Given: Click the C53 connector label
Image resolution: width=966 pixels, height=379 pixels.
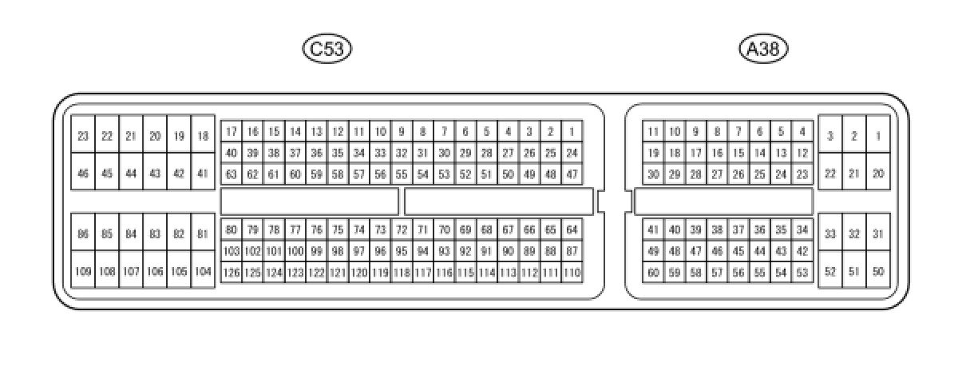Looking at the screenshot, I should pos(327,50).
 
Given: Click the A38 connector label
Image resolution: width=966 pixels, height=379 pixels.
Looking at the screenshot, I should pos(764,50).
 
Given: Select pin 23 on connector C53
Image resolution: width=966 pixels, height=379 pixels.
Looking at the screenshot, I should pos(83,137).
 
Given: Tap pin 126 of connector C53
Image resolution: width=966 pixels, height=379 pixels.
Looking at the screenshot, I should pos(232,273).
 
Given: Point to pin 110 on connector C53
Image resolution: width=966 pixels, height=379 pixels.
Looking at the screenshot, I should pos(572,273).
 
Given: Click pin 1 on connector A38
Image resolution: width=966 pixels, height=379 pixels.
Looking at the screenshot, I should pos(878,137).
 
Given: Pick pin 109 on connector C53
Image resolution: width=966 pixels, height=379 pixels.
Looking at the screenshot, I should pos(83,272).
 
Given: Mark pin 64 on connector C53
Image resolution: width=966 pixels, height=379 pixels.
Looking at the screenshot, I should pos(572,230).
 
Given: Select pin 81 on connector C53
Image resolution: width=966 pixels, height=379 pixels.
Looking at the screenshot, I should pos(203,234).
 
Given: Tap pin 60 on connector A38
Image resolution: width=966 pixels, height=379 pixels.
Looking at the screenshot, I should pos(653,273).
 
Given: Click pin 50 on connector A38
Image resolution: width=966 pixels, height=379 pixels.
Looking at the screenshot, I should pos(878,272).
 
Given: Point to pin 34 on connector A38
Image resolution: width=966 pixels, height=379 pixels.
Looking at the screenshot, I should pos(802,230).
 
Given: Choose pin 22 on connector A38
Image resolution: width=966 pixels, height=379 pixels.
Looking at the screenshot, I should pos(830,174).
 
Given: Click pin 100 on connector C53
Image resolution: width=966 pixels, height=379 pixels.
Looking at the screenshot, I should pos(295,251).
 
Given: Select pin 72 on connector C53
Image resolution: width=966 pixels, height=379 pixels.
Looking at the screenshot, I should pos(402,230).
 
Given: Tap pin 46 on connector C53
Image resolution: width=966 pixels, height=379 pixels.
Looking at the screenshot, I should pos(83,174).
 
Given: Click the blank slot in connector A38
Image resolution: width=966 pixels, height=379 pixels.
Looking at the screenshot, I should pos(723,201).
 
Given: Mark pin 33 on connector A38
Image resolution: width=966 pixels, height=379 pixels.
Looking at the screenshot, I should pos(830,234).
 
